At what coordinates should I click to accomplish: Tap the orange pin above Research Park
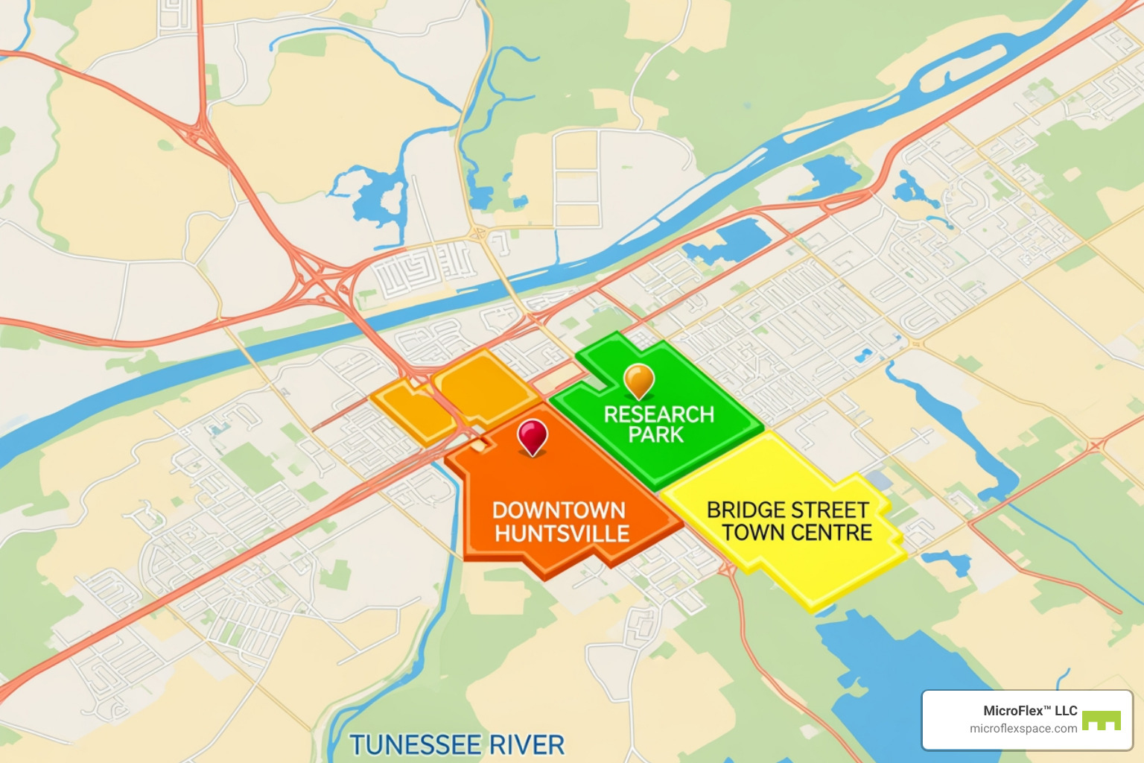tap(638, 379)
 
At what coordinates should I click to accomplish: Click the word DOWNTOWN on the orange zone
tap(559, 510)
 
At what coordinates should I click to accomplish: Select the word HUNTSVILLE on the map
tap(562, 534)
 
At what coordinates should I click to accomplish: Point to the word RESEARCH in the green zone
tap(658, 414)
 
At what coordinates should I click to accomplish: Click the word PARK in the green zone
tap(655, 434)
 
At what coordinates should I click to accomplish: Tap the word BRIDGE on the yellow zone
tap(747, 510)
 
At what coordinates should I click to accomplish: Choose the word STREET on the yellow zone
tap(831, 510)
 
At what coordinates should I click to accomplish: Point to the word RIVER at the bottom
tap(532, 745)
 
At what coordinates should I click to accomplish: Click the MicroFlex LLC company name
tap(1030, 711)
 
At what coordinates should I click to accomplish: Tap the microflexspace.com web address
tap(1023, 729)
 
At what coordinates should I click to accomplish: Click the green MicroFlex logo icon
tap(1102, 721)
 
